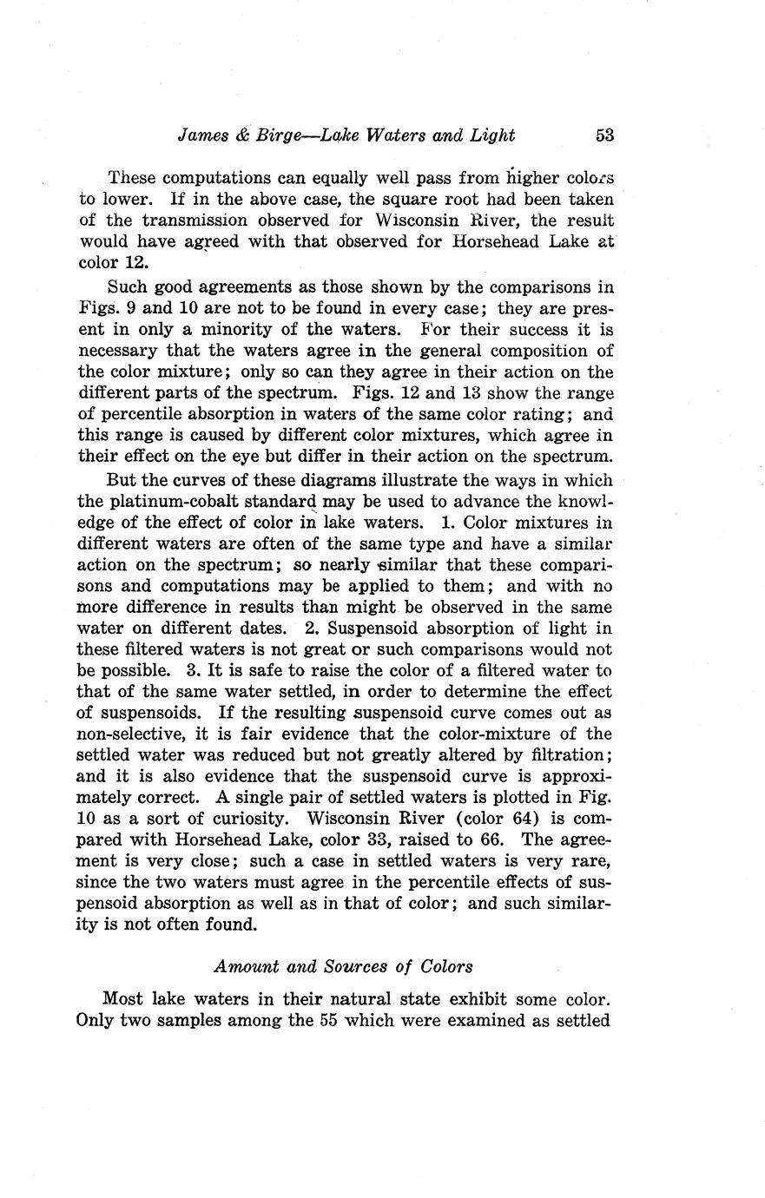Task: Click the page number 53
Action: [605, 135]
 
